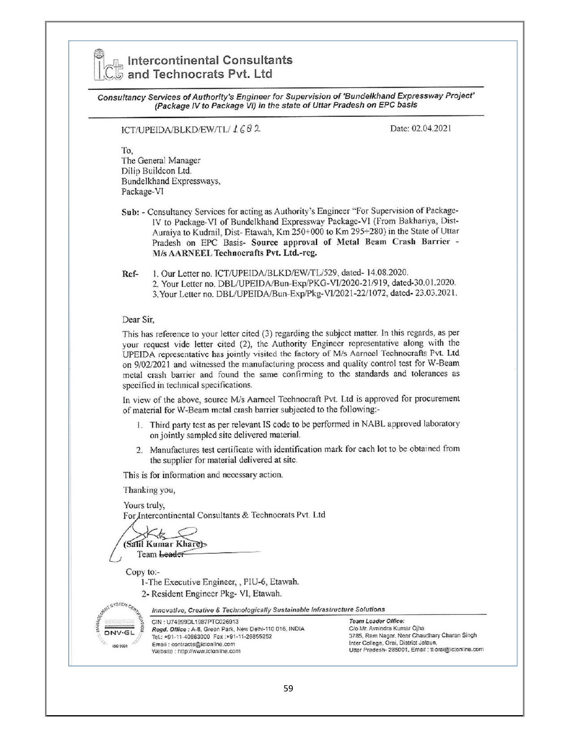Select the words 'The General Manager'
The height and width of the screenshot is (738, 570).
point(161,160)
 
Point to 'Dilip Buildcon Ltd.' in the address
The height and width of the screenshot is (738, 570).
point(156,171)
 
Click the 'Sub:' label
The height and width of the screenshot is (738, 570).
point(131,212)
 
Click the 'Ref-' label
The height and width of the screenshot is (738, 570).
point(130,273)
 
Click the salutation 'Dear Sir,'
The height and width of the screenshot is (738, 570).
point(138,320)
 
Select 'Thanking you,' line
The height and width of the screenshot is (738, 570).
point(149,490)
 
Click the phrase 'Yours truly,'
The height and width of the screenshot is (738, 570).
point(144,505)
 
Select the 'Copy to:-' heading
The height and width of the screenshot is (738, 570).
point(143,572)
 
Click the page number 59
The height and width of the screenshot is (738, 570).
point(288,688)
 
